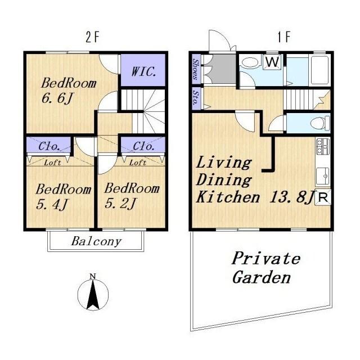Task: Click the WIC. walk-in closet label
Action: tap(144, 71)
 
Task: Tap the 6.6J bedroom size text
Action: tap(57, 98)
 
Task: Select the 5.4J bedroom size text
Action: tap(52, 204)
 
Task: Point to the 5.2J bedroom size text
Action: tap(121, 203)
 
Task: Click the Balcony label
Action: tap(96, 241)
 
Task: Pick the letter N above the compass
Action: tap(92, 276)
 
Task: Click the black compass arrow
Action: tap(93, 295)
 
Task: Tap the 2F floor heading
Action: tap(92, 37)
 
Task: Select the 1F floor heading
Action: tap(284, 37)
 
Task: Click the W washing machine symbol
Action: tap(272, 61)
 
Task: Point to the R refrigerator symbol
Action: tap(323, 197)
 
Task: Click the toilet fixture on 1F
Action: tap(320, 123)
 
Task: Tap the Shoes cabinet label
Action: tap(196, 69)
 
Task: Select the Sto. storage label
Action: tap(196, 98)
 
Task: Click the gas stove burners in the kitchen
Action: tap(323, 146)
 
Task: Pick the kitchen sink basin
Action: tap(323, 176)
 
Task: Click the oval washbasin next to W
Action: tap(250, 62)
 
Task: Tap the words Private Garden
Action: tap(266, 268)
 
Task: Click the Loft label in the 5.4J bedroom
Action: tap(52, 163)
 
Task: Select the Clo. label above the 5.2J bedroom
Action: tap(143, 146)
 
